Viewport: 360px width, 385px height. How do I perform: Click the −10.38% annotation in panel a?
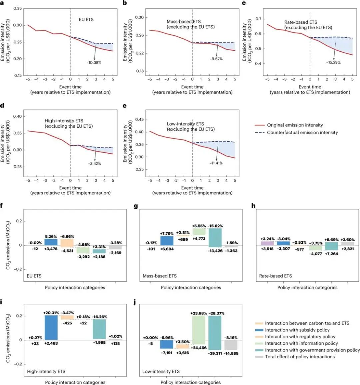click(x=94, y=62)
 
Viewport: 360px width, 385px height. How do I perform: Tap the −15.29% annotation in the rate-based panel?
click(x=334, y=62)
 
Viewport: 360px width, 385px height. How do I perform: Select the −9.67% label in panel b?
click(x=216, y=59)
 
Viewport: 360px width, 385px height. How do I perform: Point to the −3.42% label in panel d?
click(x=94, y=164)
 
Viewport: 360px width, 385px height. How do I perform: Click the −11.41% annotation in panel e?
click(x=216, y=163)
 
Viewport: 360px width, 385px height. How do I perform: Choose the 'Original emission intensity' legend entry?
click(x=295, y=125)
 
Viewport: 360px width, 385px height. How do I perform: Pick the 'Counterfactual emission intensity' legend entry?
click(x=302, y=133)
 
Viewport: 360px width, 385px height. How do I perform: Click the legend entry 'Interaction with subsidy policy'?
click(x=297, y=330)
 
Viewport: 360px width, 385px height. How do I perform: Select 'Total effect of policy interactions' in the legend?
click(x=300, y=357)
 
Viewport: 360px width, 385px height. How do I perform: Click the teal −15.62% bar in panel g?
click(x=215, y=237)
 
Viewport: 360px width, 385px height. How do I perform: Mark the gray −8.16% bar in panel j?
click(x=231, y=345)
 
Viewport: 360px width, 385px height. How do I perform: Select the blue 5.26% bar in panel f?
click(x=51, y=242)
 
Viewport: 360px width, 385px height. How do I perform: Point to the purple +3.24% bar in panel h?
click(x=267, y=243)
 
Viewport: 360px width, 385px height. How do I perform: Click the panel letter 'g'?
click(x=136, y=206)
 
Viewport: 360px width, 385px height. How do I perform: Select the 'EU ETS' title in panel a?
click(x=86, y=20)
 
